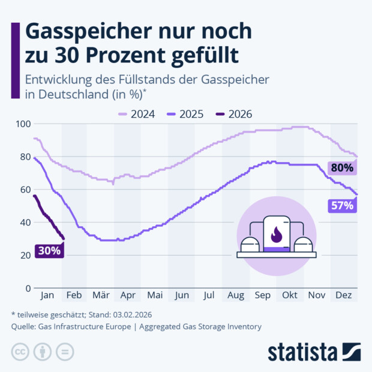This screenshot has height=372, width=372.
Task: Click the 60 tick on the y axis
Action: pos(25,190)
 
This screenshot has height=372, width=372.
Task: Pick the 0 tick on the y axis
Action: pos(28,289)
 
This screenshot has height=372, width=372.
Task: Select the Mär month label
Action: pos(101,296)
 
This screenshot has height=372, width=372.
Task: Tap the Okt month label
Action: pos(290,296)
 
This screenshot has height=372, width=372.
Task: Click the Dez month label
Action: pos(343,296)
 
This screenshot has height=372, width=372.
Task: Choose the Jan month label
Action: pos(47,296)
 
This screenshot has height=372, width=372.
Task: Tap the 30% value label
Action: pos(49,251)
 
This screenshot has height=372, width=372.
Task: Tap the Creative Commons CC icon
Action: pos(20,351)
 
